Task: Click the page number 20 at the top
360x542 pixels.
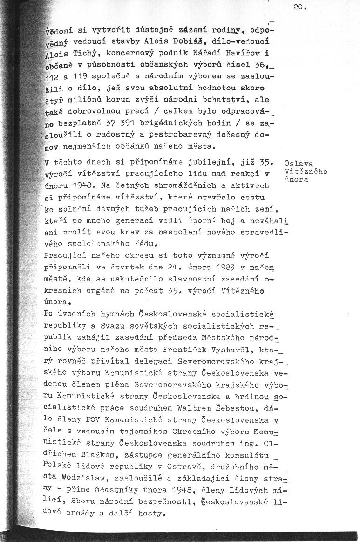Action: (299, 7)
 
